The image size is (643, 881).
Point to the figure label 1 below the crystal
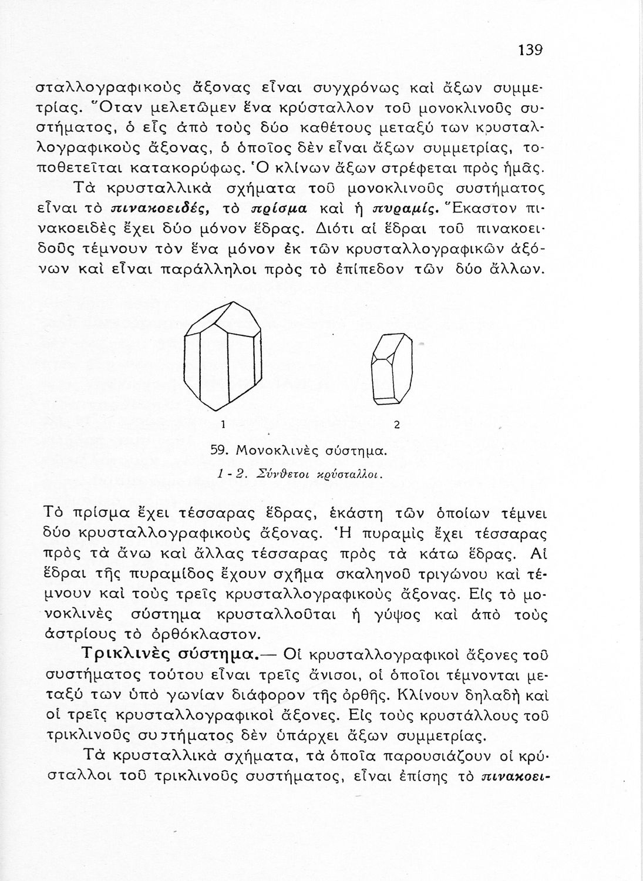[223, 424]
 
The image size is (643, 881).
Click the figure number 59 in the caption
[218, 451]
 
